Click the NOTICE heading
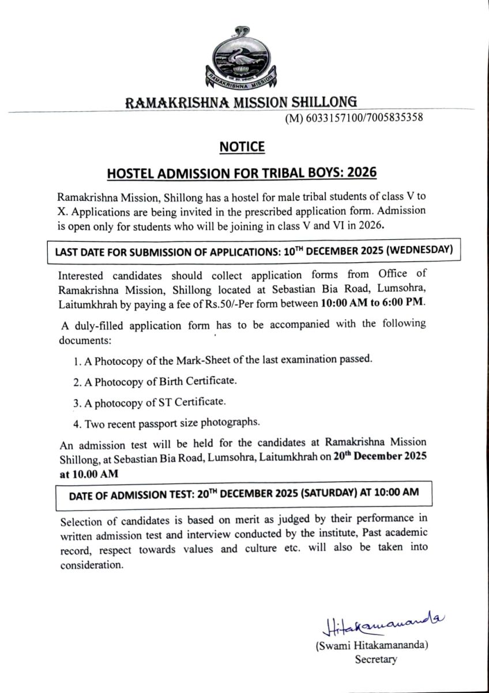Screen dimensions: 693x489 (x=242, y=147)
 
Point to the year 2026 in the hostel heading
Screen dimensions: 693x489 (x=359, y=173)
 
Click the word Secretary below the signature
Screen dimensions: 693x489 (x=376, y=660)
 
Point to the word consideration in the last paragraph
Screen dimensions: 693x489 (x=92, y=565)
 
